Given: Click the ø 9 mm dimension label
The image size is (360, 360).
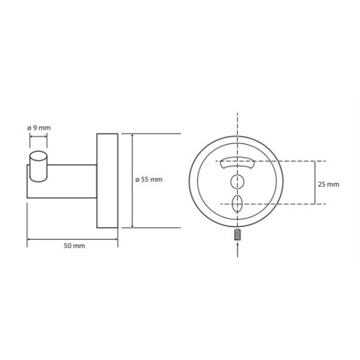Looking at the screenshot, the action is pyautogui.click(x=39, y=128).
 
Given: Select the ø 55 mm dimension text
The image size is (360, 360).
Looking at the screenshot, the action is pyautogui.click(x=149, y=179).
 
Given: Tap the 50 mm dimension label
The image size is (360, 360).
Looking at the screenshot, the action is pyautogui.click(x=74, y=245).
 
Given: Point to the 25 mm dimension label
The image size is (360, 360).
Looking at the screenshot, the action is pyautogui.click(x=329, y=185).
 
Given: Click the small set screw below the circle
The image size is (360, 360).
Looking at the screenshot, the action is pyautogui.click(x=237, y=234).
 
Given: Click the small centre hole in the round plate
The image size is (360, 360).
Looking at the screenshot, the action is pyautogui.click(x=237, y=182).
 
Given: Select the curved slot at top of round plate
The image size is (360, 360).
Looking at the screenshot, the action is pyautogui.click(x=237, y=163).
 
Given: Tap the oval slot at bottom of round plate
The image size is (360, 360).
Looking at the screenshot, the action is pyautogui.click(x=237, y=204).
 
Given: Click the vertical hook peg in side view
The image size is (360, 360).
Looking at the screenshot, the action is pyautogui.click(x=39, y=166).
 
